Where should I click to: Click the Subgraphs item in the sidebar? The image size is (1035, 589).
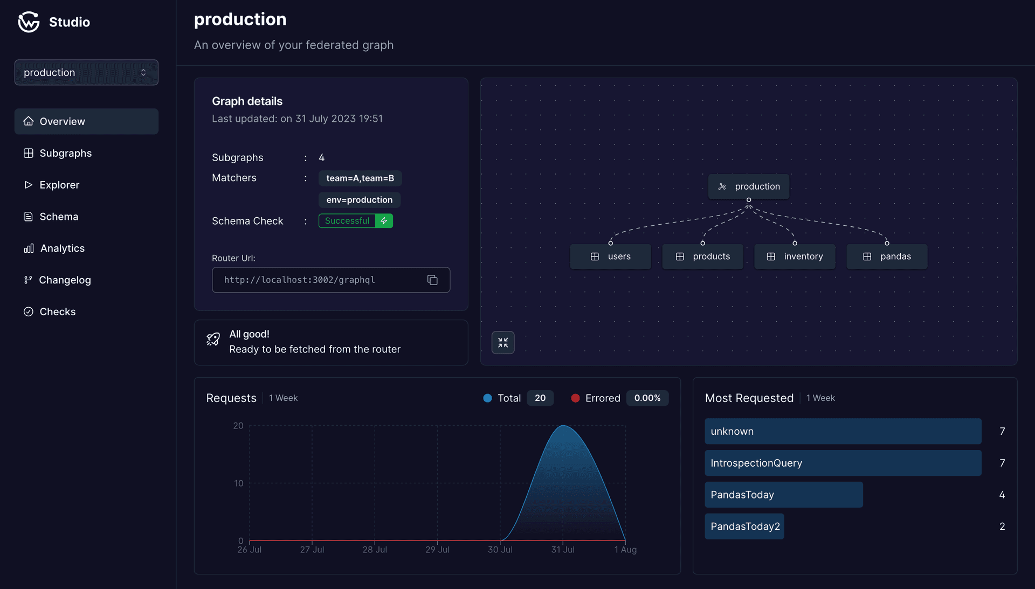(x=65, y=153)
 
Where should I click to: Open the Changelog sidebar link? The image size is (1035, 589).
(x=65, y=280)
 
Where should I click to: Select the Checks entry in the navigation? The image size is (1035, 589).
(x=57, y=311)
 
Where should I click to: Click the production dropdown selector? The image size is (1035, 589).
(x=86, y=72)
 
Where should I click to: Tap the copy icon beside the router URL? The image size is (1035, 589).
(x=432, y=280)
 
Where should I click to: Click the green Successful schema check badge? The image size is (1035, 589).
(x=355, y=221)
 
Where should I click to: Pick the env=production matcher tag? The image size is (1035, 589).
(x=359, y=200)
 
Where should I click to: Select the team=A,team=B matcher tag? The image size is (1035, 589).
(x=360, y=178)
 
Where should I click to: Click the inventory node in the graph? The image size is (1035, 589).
(x=795, y=257)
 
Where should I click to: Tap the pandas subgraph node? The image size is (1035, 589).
(x=887, y=257)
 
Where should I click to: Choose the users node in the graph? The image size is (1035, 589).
(x=610, y=257)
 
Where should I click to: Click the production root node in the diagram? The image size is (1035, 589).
(x=749, y=186)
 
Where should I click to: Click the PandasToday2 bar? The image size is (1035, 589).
(x=744, y=526)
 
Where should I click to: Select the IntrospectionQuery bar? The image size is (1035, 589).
(x=843, y=463)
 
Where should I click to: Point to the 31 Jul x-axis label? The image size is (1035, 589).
(x=563, y=550)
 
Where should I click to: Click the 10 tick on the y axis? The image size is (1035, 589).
(x=238, y=483)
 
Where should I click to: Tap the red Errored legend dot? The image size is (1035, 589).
(x=575, y=398)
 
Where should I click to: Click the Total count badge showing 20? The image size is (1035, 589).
(x=540, y=398)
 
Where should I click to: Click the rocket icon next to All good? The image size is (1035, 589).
(x=213, y=339)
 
